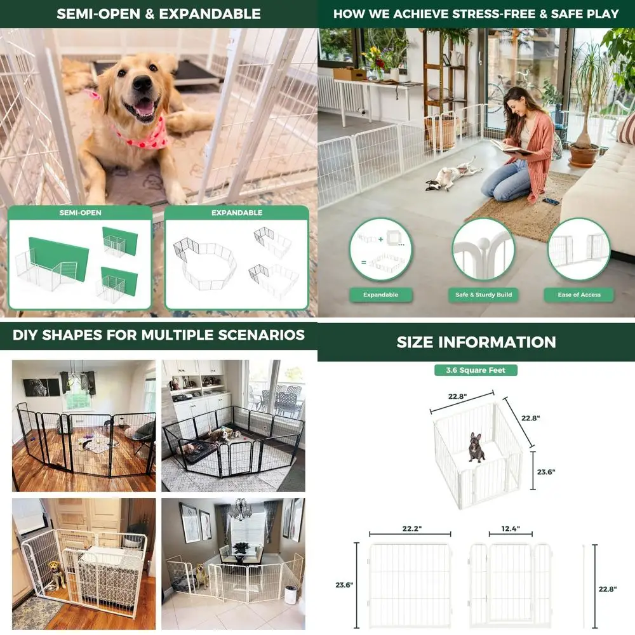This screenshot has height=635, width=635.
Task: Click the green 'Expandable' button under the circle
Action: (x=380, y=295)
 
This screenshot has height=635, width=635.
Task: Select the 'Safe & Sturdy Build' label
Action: (x=483, y=295)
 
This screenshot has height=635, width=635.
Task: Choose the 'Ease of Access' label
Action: (x=578, y=295)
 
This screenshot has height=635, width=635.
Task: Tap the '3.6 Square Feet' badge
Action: (x=476, y=370)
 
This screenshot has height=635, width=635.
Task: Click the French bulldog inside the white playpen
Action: (x=476, y=446)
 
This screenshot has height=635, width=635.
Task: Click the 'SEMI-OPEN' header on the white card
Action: (x=80, y=213)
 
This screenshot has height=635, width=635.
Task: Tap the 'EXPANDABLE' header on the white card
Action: (x=236, y=213)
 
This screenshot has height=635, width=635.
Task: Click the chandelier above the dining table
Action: (x=241, y=508)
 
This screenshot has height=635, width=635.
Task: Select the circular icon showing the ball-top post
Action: (x=483, y=250)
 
